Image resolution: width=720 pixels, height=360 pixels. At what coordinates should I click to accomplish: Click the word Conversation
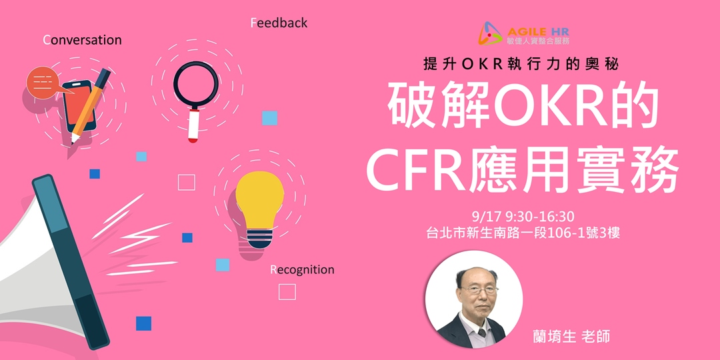(x=82, y=40)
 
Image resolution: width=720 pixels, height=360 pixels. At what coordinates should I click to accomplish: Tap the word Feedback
(x=279, y=23)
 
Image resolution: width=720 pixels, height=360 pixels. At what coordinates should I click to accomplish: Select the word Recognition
(x=302, y=270)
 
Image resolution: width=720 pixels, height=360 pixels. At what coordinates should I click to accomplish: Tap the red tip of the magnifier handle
(x=193, y=139)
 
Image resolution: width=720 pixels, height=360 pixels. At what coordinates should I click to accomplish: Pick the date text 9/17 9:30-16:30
(x=523, y=217)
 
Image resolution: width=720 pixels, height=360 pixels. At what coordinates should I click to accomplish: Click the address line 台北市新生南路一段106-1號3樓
(x=523, y=233)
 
